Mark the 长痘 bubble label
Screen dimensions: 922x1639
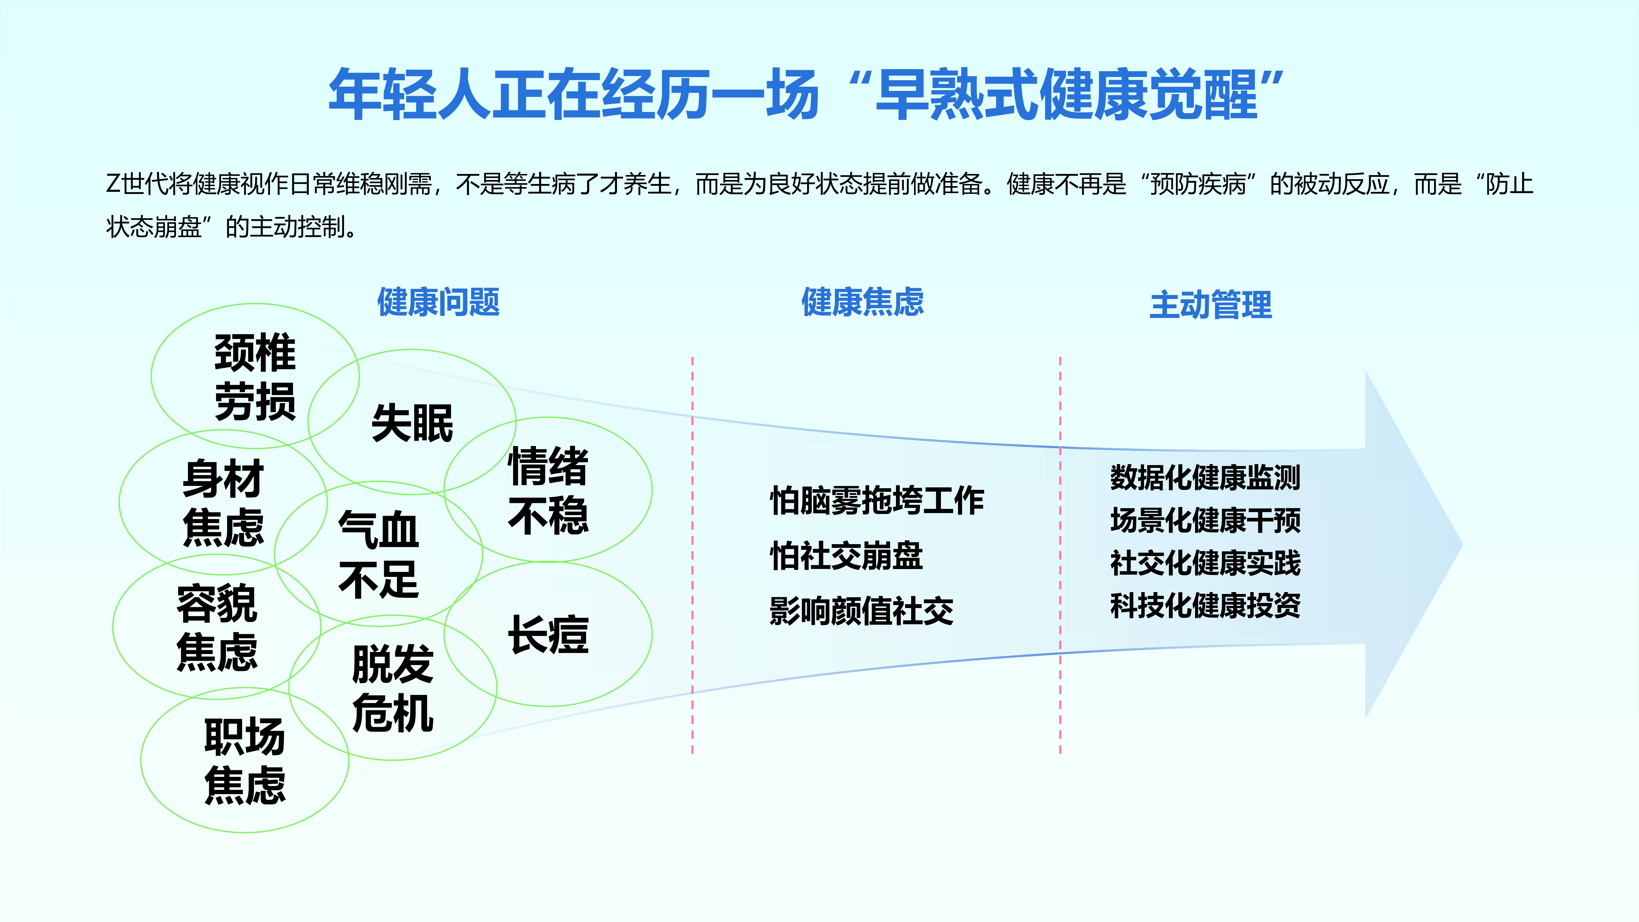548,634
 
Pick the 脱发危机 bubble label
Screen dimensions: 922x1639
393,689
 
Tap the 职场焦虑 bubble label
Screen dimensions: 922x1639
245,760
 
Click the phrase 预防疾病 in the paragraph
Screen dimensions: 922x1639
1198,185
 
